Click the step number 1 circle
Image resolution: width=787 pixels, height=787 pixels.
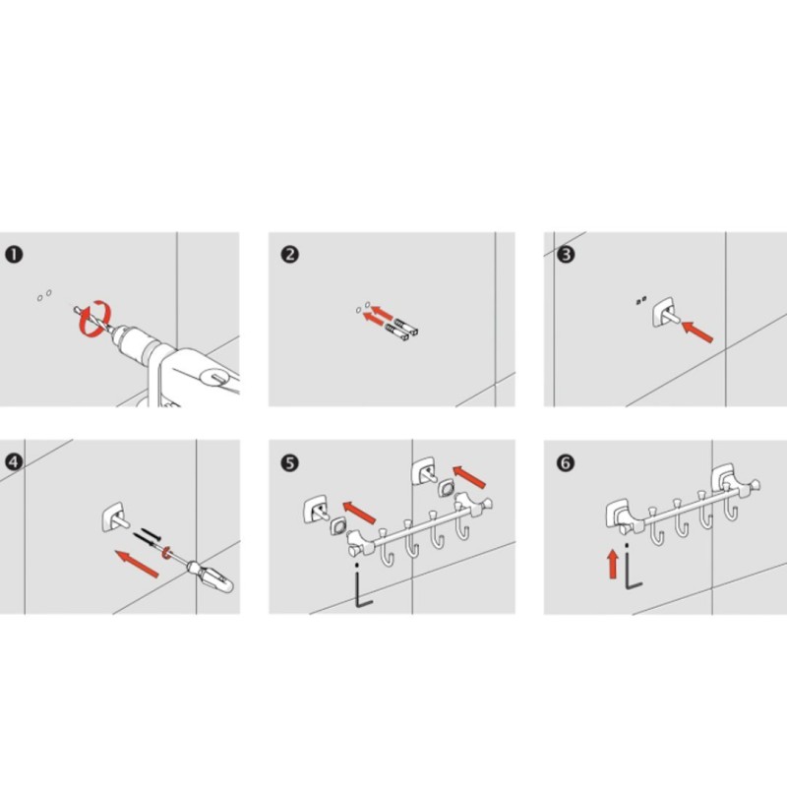coord(14,255)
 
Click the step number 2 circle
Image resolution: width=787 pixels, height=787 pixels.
coord(290,255)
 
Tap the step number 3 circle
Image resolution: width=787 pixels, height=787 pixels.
coord(566,255)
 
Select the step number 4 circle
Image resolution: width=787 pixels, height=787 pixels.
coord(14,462)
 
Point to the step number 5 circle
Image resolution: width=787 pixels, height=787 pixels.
coord(290,462)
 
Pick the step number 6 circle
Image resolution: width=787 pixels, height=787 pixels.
coord(566,462)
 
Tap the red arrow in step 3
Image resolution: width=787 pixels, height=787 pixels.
coord(697,333)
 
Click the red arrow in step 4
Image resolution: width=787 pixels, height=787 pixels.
coord(137,564)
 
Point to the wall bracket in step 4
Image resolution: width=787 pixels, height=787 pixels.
coord(114,517)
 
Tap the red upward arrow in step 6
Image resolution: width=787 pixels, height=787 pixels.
coord(612,564)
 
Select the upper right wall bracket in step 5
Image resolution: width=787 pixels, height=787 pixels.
coord(424,471)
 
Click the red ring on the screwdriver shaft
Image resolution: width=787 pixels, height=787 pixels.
coord(165,552)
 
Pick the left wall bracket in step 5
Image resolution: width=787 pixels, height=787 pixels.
coord(316,509)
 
